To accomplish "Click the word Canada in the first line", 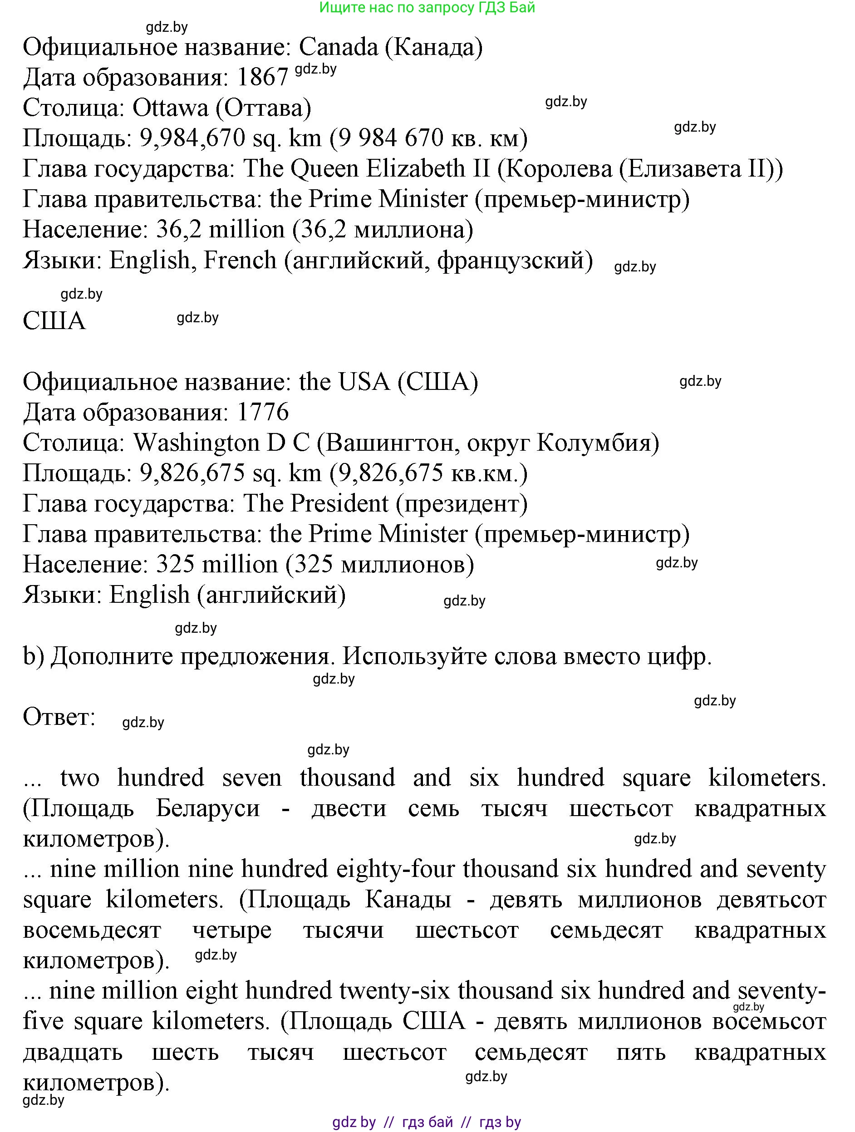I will [338, 48].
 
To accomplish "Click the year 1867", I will [263, 78].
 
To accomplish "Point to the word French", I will [240, 260].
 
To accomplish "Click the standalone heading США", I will [54, 321].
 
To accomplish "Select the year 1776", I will [263, 413].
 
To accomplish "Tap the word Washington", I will [197, 443].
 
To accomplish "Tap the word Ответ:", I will [59, 717].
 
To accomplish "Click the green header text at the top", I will [427, 8].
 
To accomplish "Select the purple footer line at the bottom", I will [427, 1122].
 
